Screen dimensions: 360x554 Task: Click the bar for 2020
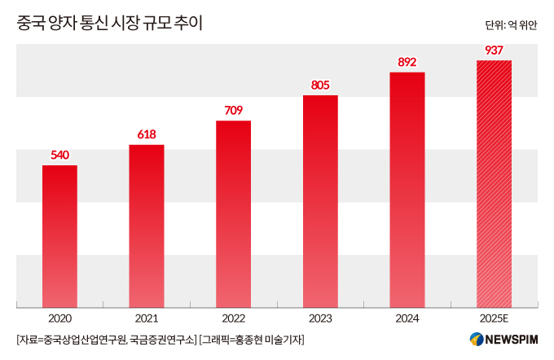(x=59, y=236)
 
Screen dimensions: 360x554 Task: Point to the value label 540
(x=59, y=155)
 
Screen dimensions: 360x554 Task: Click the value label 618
(x=147, y=134)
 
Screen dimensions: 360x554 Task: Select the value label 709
(x=233, y=110)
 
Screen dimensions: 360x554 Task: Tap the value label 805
(x=320, y=85)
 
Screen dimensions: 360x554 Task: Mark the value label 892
(x=407, y=61)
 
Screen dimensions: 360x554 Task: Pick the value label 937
(x=494, y=50)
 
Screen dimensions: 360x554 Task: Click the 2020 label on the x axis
(x=59, y=318)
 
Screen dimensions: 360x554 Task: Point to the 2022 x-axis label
(x=233, y=318)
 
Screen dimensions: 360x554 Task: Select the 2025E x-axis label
(x=494, y=318)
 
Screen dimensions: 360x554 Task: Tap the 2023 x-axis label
(x=320, y=318)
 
